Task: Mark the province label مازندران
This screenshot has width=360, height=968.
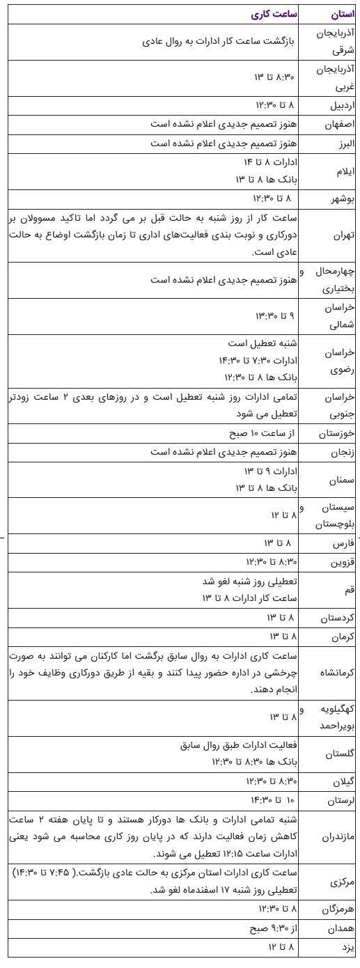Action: (338, 834)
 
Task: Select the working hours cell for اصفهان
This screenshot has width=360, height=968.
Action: (222, 124)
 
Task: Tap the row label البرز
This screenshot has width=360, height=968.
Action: (343, 143)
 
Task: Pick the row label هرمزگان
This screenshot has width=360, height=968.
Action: (338, 910)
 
